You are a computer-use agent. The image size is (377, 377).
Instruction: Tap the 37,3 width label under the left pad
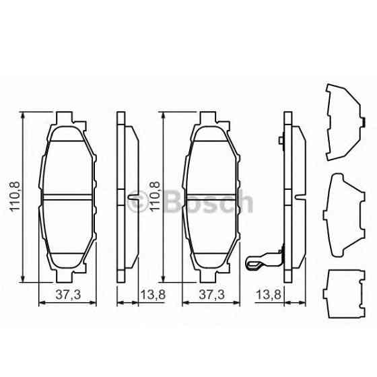click(65, 294)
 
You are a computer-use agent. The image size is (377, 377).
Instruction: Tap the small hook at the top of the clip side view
click(279, 141)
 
